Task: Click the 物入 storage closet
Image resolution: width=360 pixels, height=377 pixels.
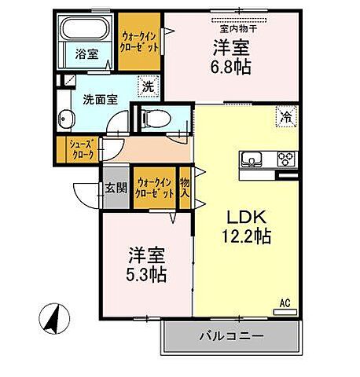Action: click(185, 188)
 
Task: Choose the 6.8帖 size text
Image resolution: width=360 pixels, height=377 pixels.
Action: click(231, 66)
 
